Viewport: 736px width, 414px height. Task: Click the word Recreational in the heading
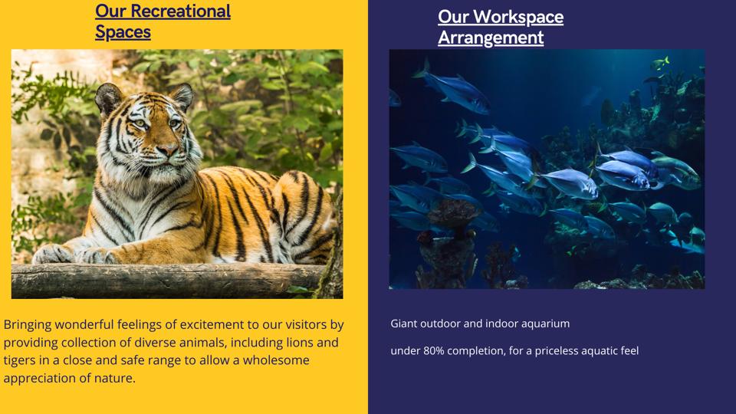[x=180, y=11]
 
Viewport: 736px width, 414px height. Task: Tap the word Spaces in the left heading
[x=123, y=32]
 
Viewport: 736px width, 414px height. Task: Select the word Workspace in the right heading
[x=518, y=18]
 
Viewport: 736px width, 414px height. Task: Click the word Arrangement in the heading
[x=491, y=38]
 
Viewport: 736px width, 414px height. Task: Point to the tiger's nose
[x=166, y=149]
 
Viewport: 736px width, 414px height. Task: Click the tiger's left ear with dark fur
[x=108, y=98]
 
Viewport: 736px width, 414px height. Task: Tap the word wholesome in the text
[x=276, y=360]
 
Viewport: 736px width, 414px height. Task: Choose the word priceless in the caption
[x=557, y=351]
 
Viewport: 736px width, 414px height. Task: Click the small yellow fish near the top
[x=659, y=62]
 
